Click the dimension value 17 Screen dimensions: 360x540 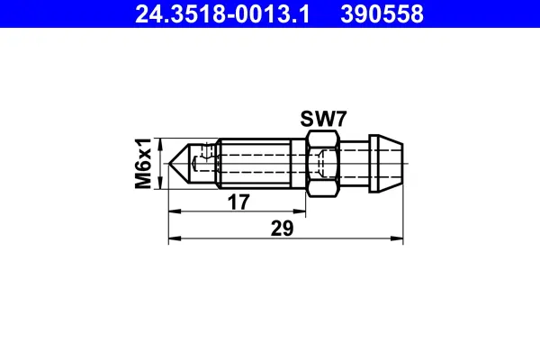(238, 203)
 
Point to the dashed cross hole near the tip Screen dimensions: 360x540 (210, 163)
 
